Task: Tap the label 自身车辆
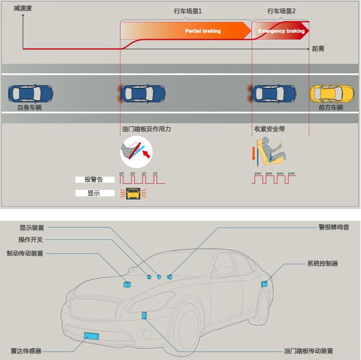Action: [30, 108]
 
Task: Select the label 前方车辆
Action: [331, 108]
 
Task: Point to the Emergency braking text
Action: [281, 31]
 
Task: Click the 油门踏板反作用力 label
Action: [146, 128]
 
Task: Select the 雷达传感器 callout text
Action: [26, 350]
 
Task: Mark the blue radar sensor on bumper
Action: [92, 336]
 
